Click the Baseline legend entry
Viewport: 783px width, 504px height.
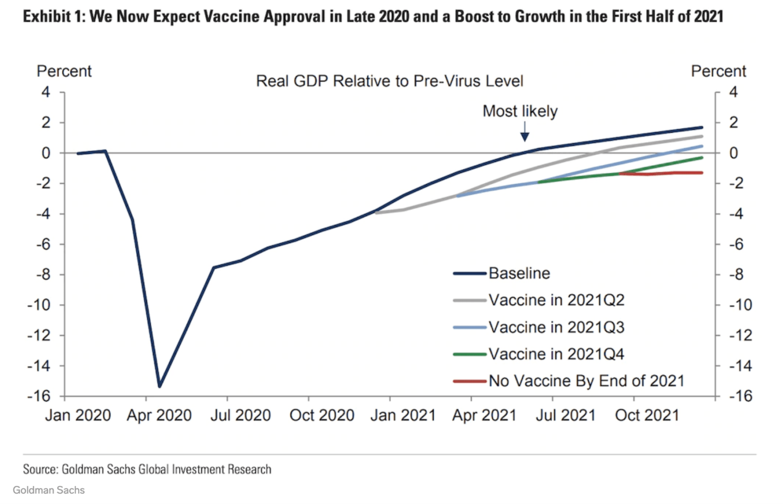tap(501, 273)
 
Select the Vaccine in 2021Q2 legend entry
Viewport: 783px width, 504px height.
tap(538, 300)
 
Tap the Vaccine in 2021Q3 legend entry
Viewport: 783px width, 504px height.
tap(538, 327)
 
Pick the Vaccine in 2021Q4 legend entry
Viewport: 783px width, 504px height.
tap(538, 354)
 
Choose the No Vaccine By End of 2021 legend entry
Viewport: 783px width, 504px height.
tap(569, 381)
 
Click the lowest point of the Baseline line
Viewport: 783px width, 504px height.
tap(159, 387)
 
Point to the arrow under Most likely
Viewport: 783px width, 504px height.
tap(525, 132)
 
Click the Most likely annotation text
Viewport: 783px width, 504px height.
tap(520, 111)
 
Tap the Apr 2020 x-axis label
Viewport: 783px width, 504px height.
tap(159, 415)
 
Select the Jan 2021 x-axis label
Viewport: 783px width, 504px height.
tap(403, 415)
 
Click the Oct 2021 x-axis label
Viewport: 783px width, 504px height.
tap(647, 415)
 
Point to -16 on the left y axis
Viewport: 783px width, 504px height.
tap(39, 396)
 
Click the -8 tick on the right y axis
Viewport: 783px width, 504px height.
tap(736, 275)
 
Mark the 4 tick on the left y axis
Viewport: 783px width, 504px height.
tap(46, 92)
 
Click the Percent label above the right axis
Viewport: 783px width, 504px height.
tap(718, 71)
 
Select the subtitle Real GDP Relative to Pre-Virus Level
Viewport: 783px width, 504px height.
tap(390, 81)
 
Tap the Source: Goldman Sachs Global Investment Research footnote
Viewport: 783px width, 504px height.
tap(147, 469)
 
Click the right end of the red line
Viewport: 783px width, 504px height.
tap(702, 172)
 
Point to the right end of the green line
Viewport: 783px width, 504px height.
tap(702, 158)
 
